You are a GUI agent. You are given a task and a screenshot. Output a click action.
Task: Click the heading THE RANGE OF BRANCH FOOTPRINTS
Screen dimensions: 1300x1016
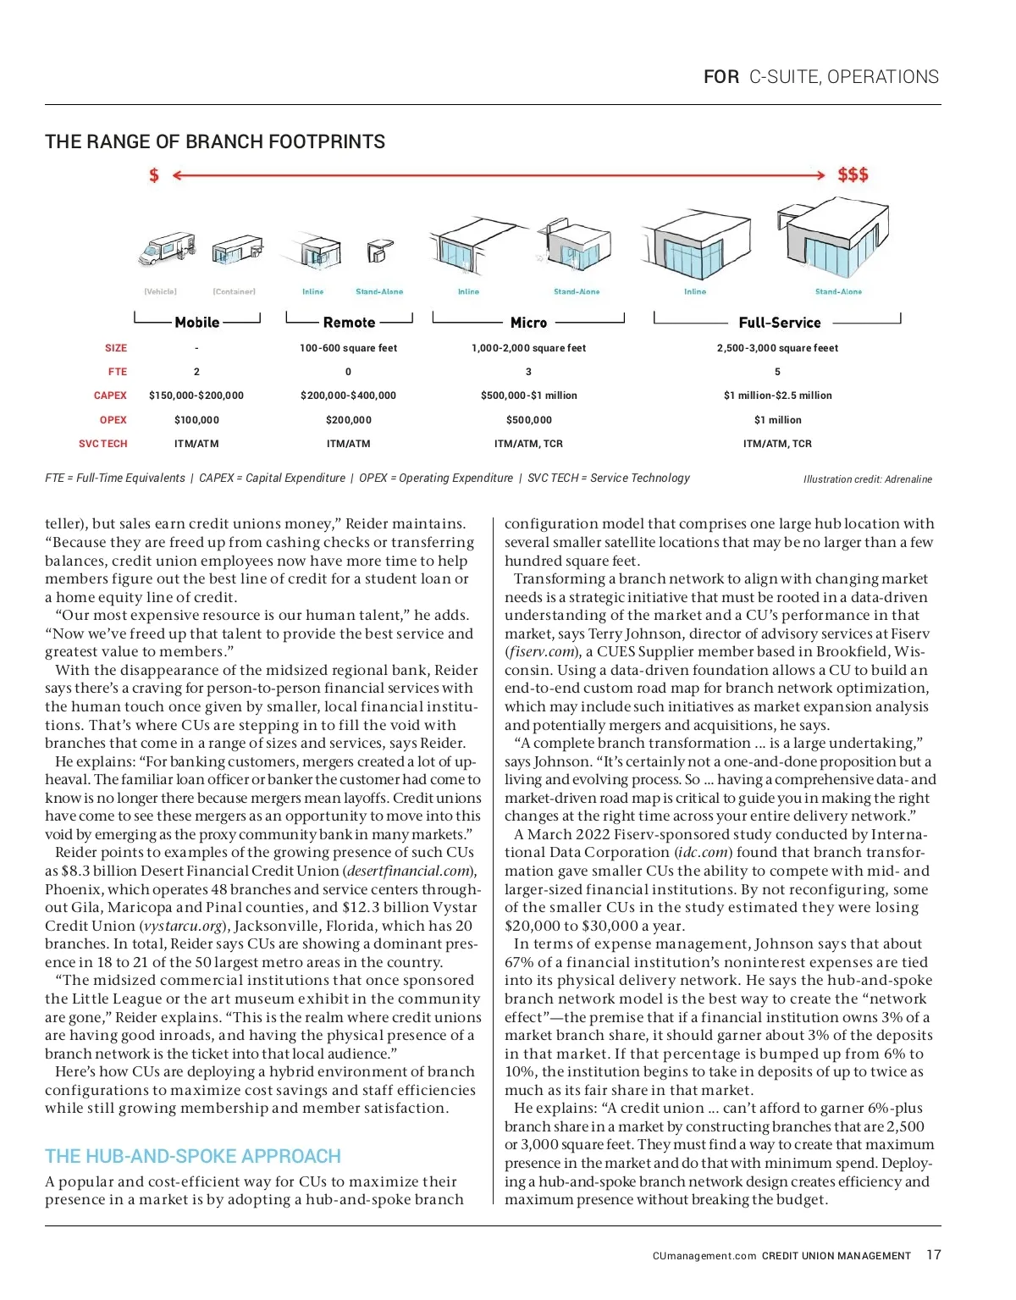click(215, 141)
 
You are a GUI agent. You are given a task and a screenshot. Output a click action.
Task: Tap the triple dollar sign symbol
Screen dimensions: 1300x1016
click(853, 174)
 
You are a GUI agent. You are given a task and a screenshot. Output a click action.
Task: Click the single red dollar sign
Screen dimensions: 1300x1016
click(153, 175)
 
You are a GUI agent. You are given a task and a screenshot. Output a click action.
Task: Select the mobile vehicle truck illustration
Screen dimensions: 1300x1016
click(167, 248)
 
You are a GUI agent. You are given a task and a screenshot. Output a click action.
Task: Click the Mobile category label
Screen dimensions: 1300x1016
click(197, 323)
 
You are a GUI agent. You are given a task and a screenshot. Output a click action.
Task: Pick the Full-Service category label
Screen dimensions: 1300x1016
click(779, 323)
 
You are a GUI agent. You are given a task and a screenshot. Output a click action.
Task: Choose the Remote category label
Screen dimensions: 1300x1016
click(349, 323)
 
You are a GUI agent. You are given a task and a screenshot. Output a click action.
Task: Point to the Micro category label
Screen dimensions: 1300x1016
click(528, 323)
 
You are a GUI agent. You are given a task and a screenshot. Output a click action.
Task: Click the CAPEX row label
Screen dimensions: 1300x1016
click(110, 396)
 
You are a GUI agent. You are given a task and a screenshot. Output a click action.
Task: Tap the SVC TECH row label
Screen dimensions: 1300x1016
click(102, 444)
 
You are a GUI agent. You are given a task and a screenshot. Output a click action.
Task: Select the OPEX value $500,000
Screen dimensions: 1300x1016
click(528, 420)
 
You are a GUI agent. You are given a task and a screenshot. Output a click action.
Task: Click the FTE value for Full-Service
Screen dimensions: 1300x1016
click(777, 372)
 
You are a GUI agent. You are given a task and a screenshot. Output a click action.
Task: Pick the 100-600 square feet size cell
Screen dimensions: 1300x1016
click(348, 348)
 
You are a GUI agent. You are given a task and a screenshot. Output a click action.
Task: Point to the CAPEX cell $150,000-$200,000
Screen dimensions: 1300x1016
click(196, 396)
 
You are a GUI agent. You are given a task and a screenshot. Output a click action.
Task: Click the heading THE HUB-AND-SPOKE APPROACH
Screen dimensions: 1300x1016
click(193, 1156)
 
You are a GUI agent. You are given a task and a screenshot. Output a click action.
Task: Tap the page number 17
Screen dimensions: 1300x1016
click(933, 1254)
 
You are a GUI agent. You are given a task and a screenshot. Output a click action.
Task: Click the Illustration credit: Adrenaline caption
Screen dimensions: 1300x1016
click(867, 479)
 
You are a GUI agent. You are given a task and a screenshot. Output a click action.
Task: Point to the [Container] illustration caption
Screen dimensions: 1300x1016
click(234, 292)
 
